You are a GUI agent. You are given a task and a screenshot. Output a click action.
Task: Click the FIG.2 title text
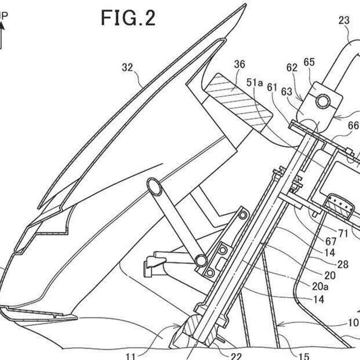pyautogui.click(x=128, y=18)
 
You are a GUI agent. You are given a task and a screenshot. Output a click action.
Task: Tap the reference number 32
pyautogui.click(x=127, y=68)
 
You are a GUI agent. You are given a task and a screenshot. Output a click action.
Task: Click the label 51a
pyautogui.click(x=254, y=82)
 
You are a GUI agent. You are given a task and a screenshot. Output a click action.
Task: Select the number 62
pyautogui.click(x=292, y=68)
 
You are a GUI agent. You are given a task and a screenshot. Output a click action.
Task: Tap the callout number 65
pyautogui.click(x=309, y=63)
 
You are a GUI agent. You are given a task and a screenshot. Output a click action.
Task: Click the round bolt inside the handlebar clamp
pyautogui.click(x=322, y=102)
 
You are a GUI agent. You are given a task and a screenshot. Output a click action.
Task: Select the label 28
pyautogui.click(x=342, y=265)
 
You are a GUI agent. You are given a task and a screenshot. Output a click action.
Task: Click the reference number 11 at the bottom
pyautogui.click(x=130, y=356)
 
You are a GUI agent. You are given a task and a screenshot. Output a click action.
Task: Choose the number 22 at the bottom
pyautogui.click(x=236, y=356)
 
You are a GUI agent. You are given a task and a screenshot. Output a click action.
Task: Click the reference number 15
pyautogui.click(x=304, y=356)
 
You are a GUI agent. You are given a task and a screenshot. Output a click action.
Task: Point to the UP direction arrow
pyautogui.click(x=2, y=34)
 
